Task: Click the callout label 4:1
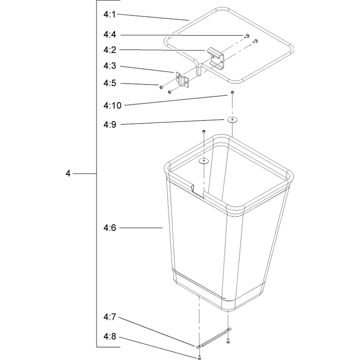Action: point(109,15)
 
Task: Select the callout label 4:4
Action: point(110,35)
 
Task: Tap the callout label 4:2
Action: point(110,50)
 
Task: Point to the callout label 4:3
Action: point(110,66)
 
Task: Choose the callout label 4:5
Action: point(110,83)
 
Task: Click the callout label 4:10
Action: point(112,106)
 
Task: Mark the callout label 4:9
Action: point(110,125)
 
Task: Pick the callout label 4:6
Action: point(110,228)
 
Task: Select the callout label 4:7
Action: point(110,317)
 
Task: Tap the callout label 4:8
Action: point(110,337)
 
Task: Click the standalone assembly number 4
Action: point(68,174)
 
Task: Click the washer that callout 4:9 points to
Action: point(232,120)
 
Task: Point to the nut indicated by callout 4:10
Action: point(232,93)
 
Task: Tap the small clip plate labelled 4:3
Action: point(183,80)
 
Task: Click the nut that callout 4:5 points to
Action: point(161,87)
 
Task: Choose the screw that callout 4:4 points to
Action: point(247,36)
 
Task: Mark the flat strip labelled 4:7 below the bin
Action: point(214,338)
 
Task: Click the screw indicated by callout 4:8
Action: point(199,357)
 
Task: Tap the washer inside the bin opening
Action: point(204,161)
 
